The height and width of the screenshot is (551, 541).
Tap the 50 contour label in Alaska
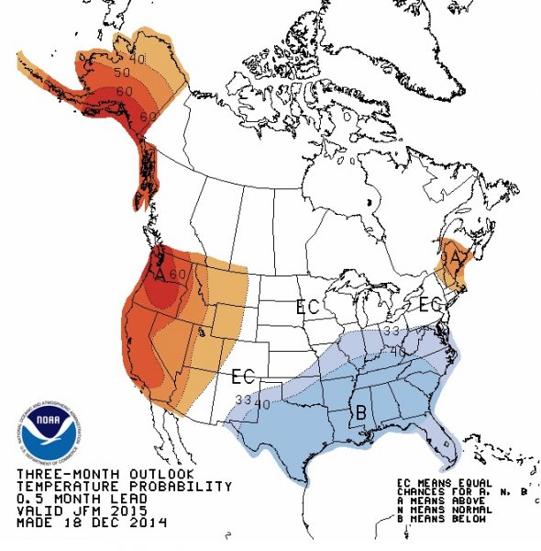pos(121,72)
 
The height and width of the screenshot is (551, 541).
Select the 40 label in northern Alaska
pos(138,59)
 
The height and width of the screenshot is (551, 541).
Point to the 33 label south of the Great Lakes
pos(392,331)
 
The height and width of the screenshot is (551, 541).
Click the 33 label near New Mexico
pos(242,399)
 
